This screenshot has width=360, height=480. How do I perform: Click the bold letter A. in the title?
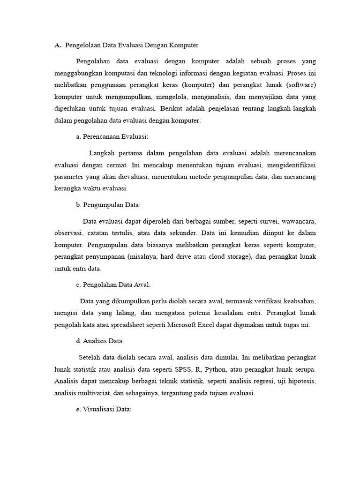click(58, 45)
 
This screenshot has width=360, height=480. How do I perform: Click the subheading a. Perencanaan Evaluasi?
click(112, 137)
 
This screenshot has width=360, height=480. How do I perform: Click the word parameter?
click(69, 178)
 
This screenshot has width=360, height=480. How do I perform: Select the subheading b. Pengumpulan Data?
click(108, 205)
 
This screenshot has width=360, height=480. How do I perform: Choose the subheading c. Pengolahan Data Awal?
click(113, 285)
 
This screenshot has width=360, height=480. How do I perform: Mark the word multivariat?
click(94, 393)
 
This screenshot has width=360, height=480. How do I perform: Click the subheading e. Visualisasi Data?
click(104, 409)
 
